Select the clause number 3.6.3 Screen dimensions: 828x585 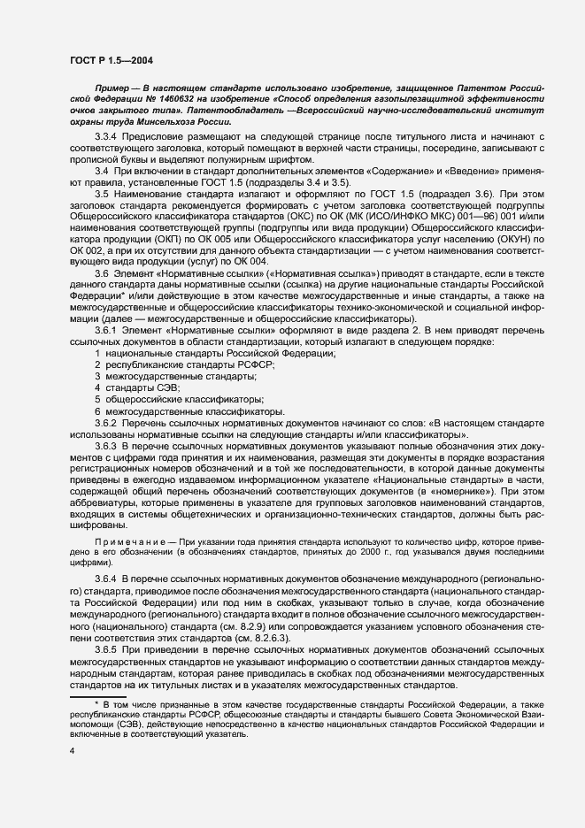pos(107,446)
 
